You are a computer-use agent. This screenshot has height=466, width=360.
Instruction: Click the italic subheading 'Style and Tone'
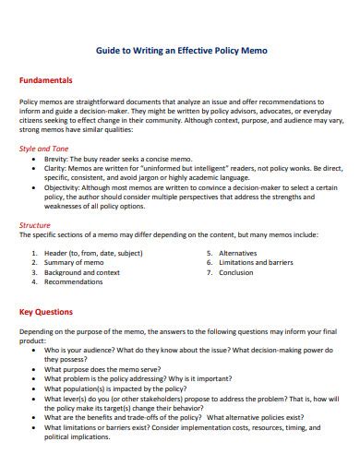click(44, 148)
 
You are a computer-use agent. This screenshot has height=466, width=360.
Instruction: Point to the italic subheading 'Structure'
click(36, 224)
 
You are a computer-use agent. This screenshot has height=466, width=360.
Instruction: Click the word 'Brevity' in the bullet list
click(59, 159)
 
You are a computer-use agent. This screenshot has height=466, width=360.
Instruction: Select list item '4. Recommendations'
click(67, 282)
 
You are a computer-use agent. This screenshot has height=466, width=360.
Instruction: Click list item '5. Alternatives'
click(231, 252)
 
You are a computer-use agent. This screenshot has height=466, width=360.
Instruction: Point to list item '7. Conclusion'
click(230, 272)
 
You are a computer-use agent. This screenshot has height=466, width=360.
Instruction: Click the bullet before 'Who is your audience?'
click(34, 351)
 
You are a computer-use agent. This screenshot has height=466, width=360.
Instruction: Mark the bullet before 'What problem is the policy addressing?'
click(34, 379)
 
